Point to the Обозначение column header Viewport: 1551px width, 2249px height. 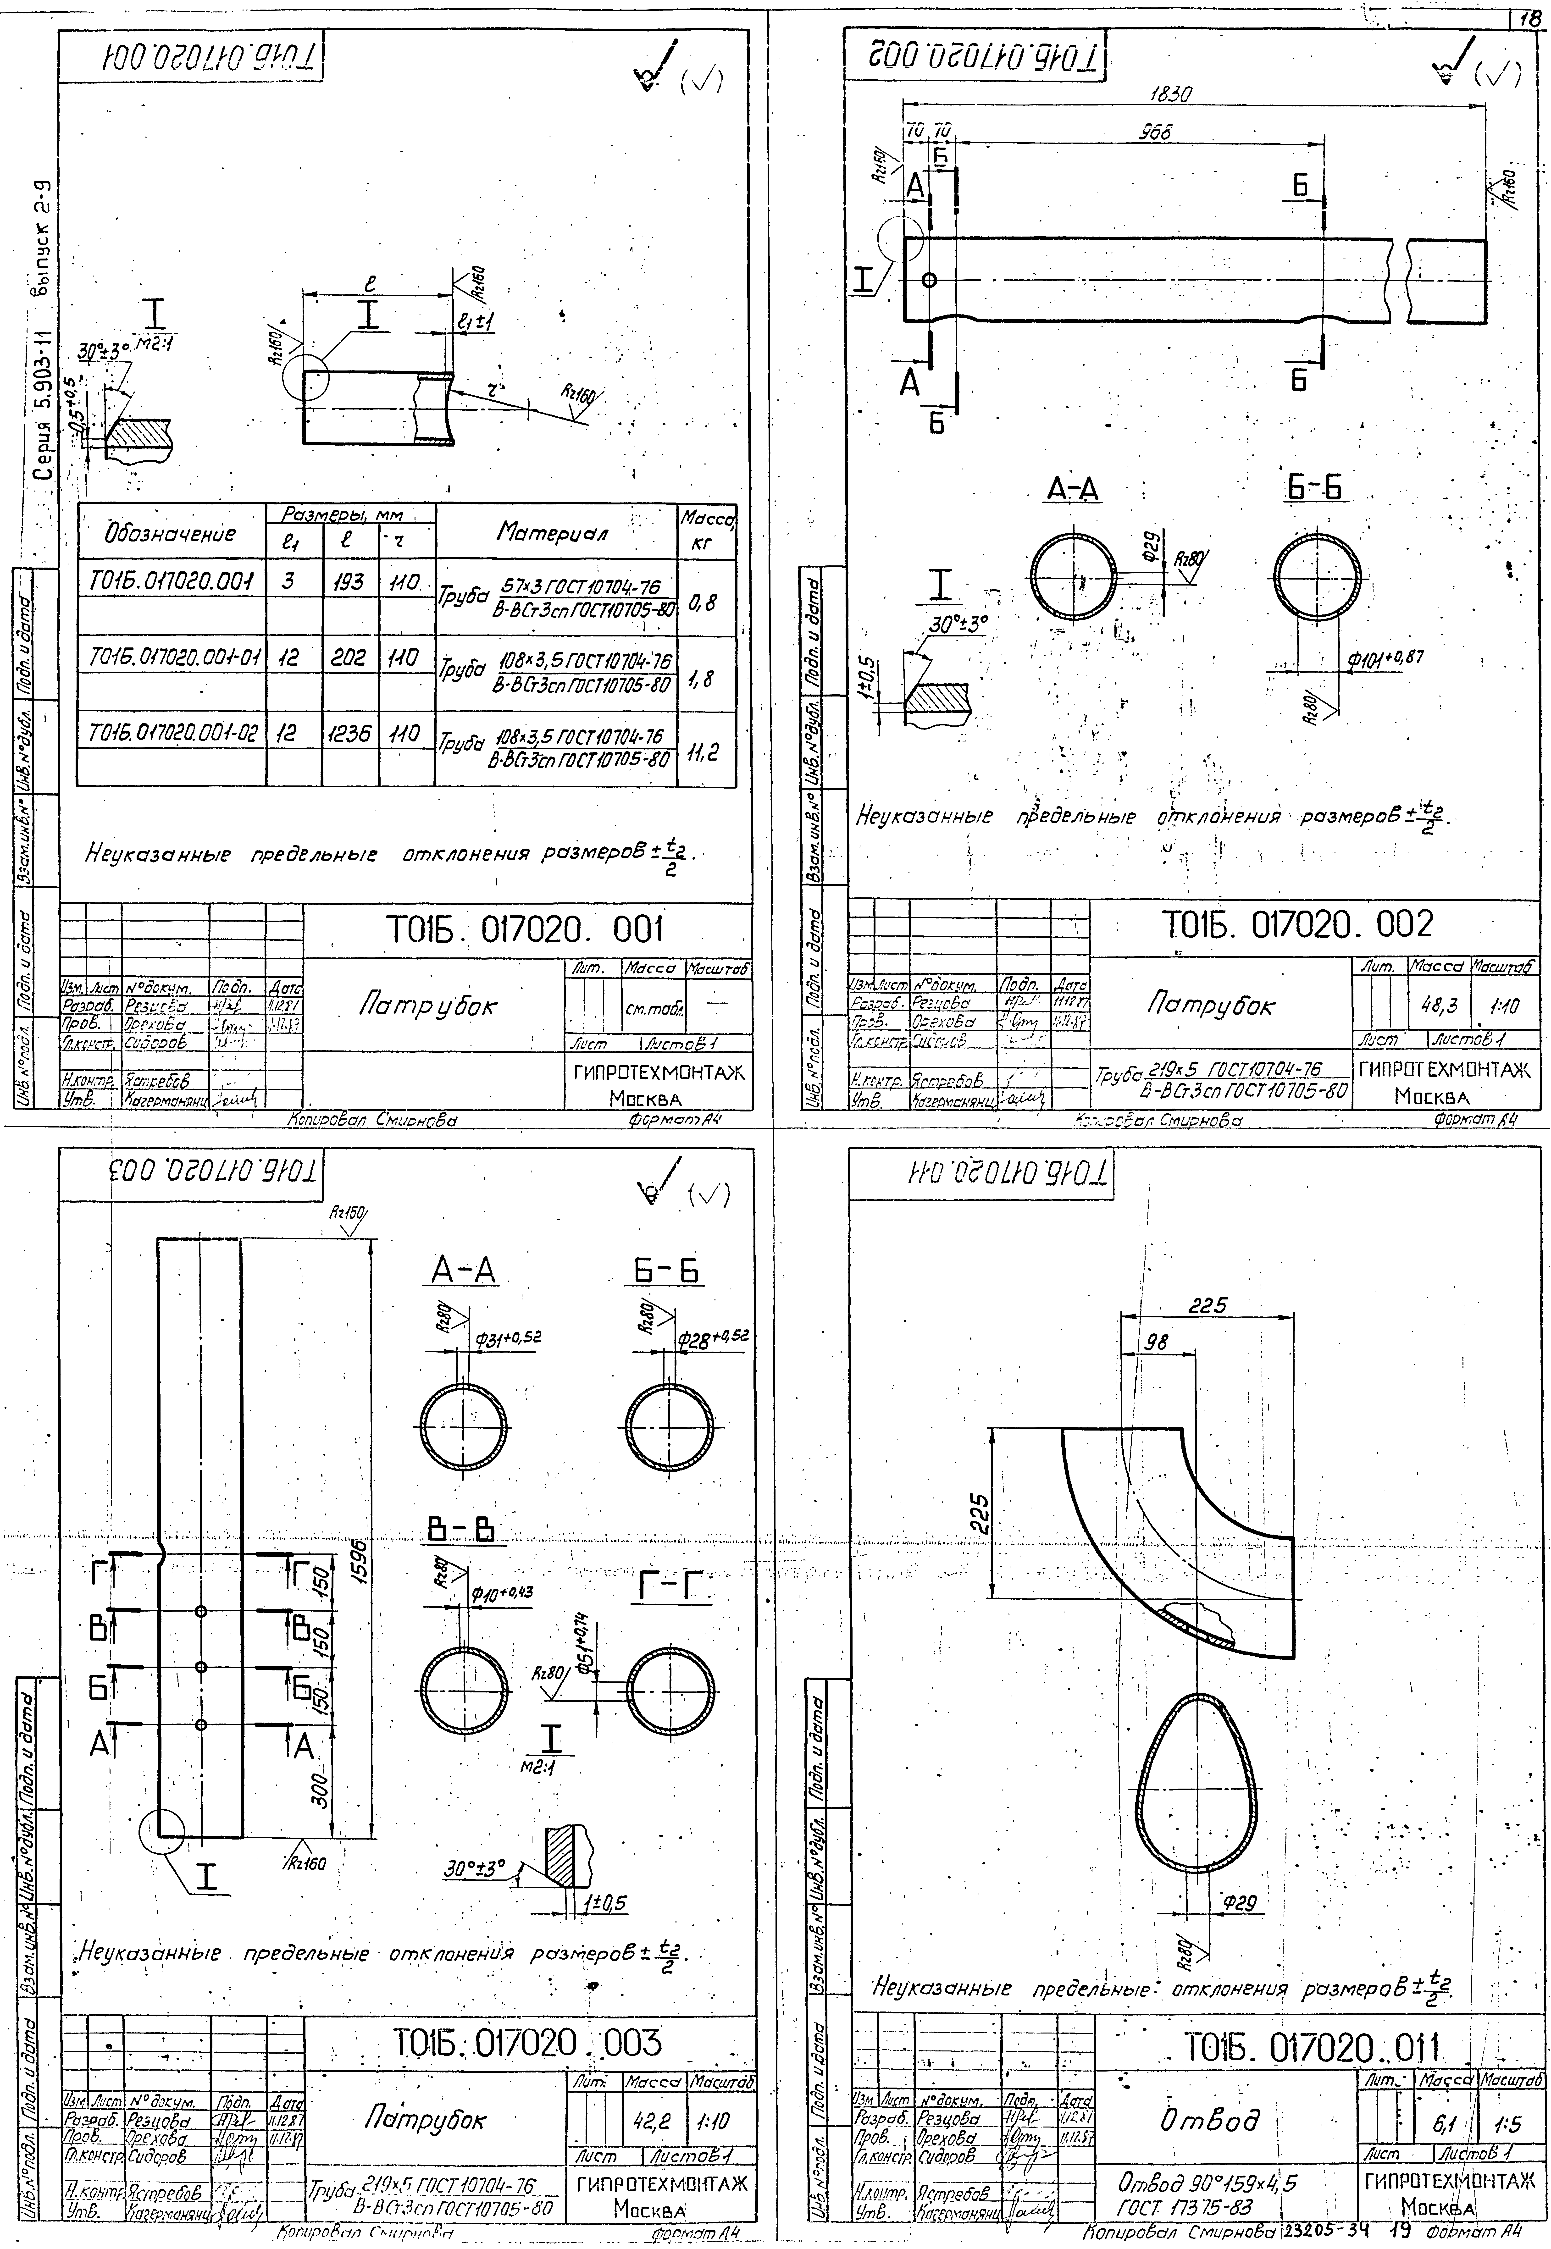tap(170, 533)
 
